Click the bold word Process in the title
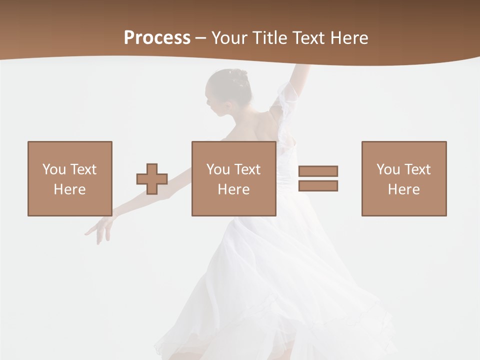(x=157, y=38)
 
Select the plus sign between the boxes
(x=152, y=179)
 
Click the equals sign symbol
(x=318, y=178)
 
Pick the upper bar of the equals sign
(x=318, y=171)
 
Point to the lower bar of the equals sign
(x=318, y=186)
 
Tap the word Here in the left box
(x=69, y=189)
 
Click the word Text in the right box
(x=417, y=169)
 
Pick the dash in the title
(x=201, y=38)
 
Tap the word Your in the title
(x=230, y=38)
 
